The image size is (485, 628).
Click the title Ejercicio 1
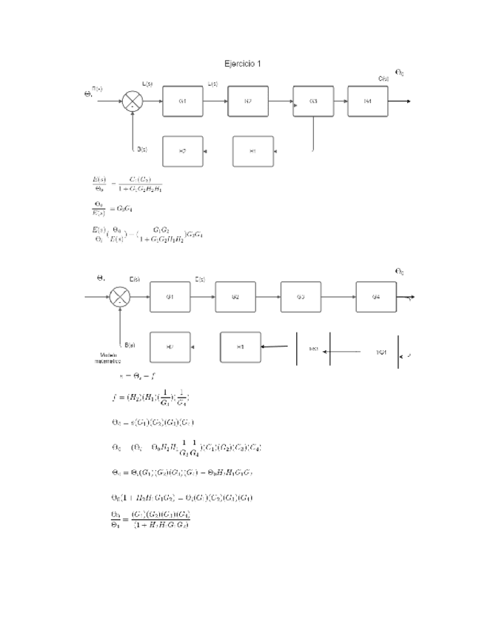[x=242, y=64]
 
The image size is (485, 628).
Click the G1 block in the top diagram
[x=182, y=101]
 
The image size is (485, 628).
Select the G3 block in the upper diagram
[x=313, y=101]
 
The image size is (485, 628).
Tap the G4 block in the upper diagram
[x=368, y=101]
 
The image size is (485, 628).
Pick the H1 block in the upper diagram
[x=252, y=151]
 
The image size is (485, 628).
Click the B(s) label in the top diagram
[x=141, y=149]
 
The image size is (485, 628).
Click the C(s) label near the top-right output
[x=384, y=78]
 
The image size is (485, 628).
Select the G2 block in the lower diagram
[x=235, y=296]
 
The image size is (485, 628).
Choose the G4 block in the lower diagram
[x=376, y=296]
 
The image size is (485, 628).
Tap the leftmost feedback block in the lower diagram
[x=170, y=347]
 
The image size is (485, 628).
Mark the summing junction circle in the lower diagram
[x=119, y=296]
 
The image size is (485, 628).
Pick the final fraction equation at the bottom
[x=150, y=518]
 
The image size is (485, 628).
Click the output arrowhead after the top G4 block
[x=407, y=101]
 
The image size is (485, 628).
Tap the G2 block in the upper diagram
[x=248, y=101]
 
